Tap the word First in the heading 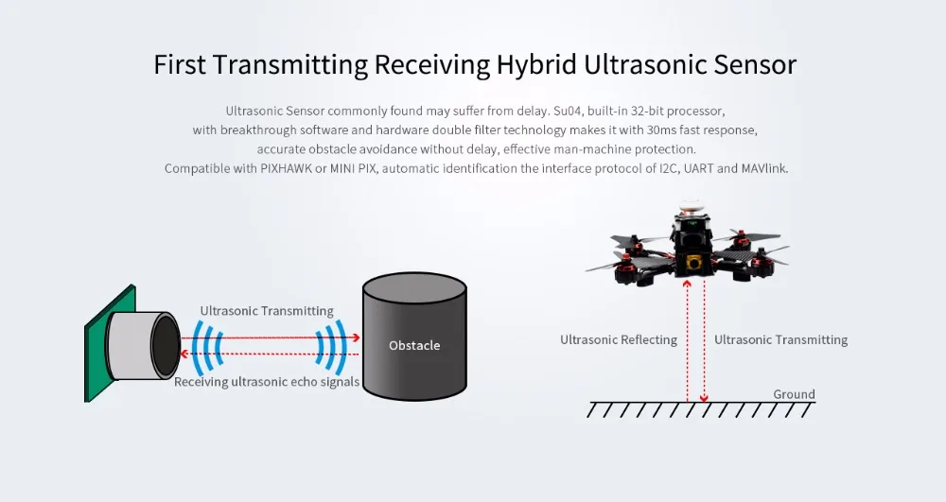click(179, 65)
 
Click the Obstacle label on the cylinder click(414, 345)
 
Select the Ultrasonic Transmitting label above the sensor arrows click(267, 311)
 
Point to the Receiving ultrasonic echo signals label click(267, 382)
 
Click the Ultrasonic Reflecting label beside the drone click(619, 339)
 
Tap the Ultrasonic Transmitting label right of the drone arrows click(780, 339)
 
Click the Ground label click(794, 394)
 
